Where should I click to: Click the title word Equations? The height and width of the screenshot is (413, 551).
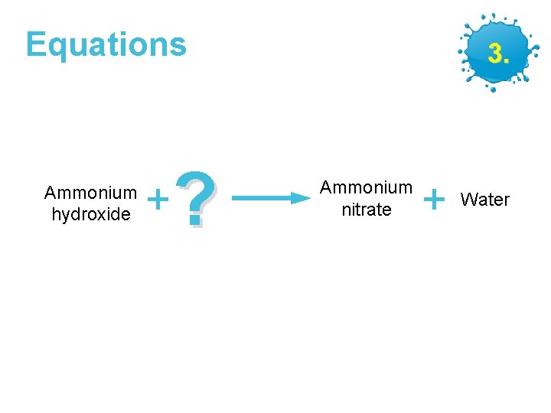106,44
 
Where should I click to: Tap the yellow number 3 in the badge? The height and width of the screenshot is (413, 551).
495,54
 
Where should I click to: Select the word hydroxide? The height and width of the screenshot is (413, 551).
90,214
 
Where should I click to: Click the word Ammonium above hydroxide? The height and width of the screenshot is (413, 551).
90,193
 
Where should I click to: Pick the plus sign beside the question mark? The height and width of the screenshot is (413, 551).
158,200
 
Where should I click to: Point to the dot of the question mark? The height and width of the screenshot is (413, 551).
196,221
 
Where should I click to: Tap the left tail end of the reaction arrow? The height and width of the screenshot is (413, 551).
233,198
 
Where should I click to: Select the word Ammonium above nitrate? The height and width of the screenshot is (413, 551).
366,187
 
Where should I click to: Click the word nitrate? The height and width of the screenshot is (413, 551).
366,210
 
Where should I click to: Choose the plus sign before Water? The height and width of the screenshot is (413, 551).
434,200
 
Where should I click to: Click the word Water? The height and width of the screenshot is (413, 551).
484,200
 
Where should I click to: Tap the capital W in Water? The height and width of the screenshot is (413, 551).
468,200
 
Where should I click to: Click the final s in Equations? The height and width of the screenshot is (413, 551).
179,47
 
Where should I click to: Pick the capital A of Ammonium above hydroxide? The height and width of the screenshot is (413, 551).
50,193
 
